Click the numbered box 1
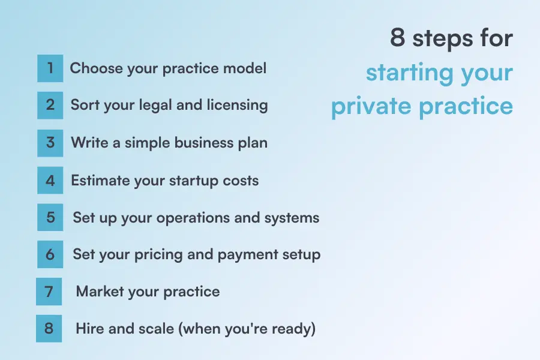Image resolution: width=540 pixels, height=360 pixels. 50,68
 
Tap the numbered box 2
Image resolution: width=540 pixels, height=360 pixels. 50,106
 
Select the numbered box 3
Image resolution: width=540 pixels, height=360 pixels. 50,143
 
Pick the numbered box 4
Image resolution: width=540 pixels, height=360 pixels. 50,180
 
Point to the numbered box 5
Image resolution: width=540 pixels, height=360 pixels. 50,217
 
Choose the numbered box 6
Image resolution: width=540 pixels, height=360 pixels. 50,254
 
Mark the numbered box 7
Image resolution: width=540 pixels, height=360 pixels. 49,292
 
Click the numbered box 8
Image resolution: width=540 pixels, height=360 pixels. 49,329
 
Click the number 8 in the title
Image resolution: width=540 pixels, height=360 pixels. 398,38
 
